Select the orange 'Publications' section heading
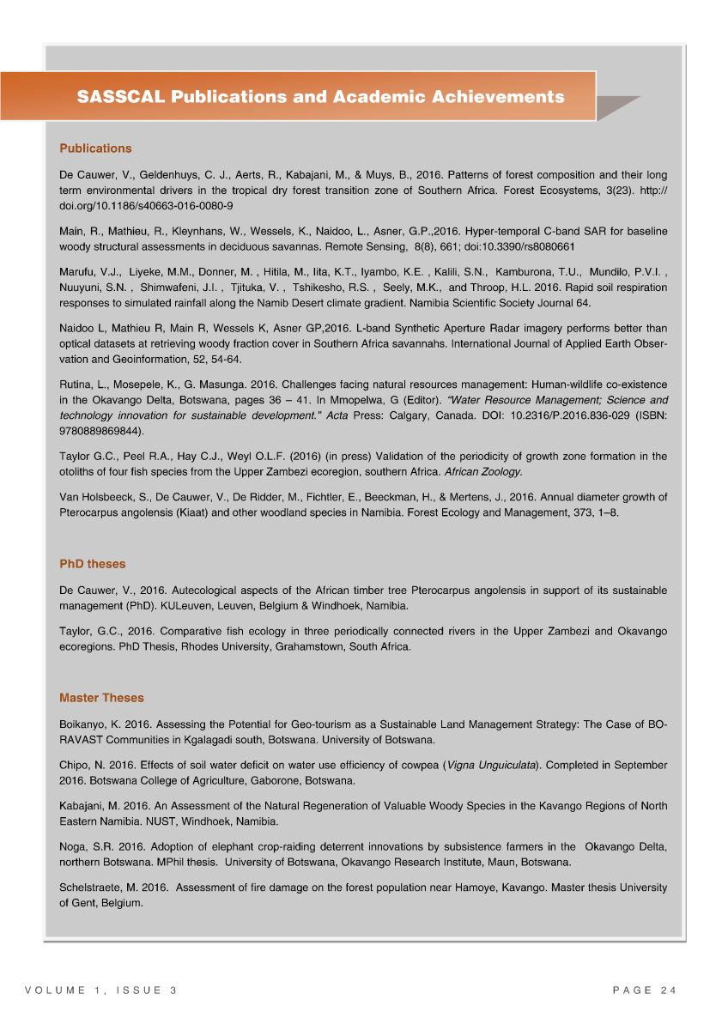[95, 148]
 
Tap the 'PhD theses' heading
[92, 564]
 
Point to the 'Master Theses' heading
[101, 698]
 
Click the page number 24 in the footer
[669, 991]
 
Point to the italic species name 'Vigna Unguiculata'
[492, 764]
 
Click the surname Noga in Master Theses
[73, 846]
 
